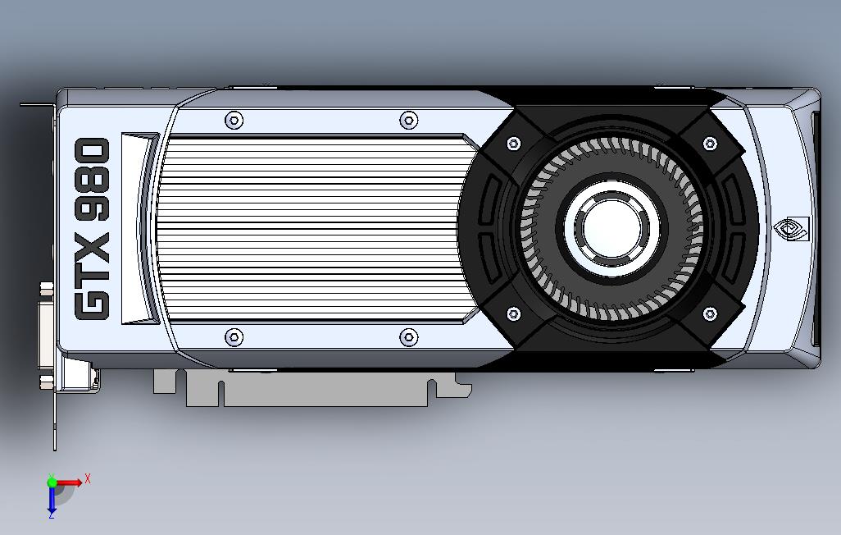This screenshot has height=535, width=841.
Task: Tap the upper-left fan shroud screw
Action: [514, 144]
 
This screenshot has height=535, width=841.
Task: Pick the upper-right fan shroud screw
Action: [710, 144]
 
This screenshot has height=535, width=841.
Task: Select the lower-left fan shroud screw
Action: [514, 313]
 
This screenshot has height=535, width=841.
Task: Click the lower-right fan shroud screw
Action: [710, 313]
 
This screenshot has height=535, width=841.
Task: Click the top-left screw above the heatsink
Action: [234, 121]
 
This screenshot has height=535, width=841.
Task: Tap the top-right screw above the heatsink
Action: [409, 121]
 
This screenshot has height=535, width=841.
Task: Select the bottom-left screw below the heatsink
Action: [234, 336]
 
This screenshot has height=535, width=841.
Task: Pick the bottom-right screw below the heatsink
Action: [409, 336]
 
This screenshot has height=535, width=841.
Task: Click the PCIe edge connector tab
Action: [328, 389]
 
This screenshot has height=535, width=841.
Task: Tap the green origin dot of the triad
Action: [52, 482]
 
